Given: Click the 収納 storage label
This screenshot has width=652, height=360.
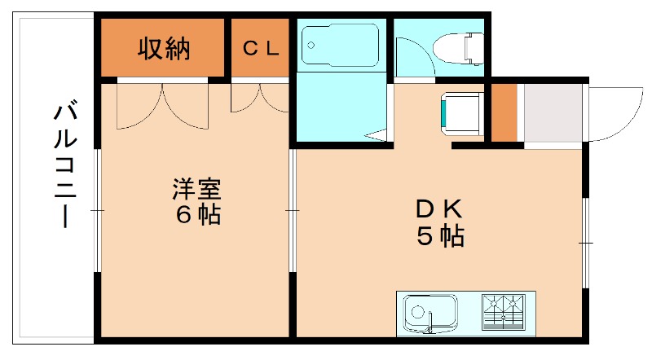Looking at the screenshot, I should point(163,48).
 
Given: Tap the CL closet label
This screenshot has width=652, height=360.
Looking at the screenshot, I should point(261,48).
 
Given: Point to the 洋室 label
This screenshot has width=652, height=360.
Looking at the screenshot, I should point(196,189).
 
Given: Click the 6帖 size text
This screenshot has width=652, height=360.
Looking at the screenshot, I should point(196,216).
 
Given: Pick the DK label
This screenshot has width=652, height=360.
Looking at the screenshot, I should point(440,209).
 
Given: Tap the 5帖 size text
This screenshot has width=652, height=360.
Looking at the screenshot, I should point(440,236).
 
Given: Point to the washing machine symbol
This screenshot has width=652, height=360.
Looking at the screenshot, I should point(461,112).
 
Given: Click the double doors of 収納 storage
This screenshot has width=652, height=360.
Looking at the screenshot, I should point(164,104).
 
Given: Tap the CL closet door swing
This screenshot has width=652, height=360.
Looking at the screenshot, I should point(259,98).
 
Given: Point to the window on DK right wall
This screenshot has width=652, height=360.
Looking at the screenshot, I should point(586,242).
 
